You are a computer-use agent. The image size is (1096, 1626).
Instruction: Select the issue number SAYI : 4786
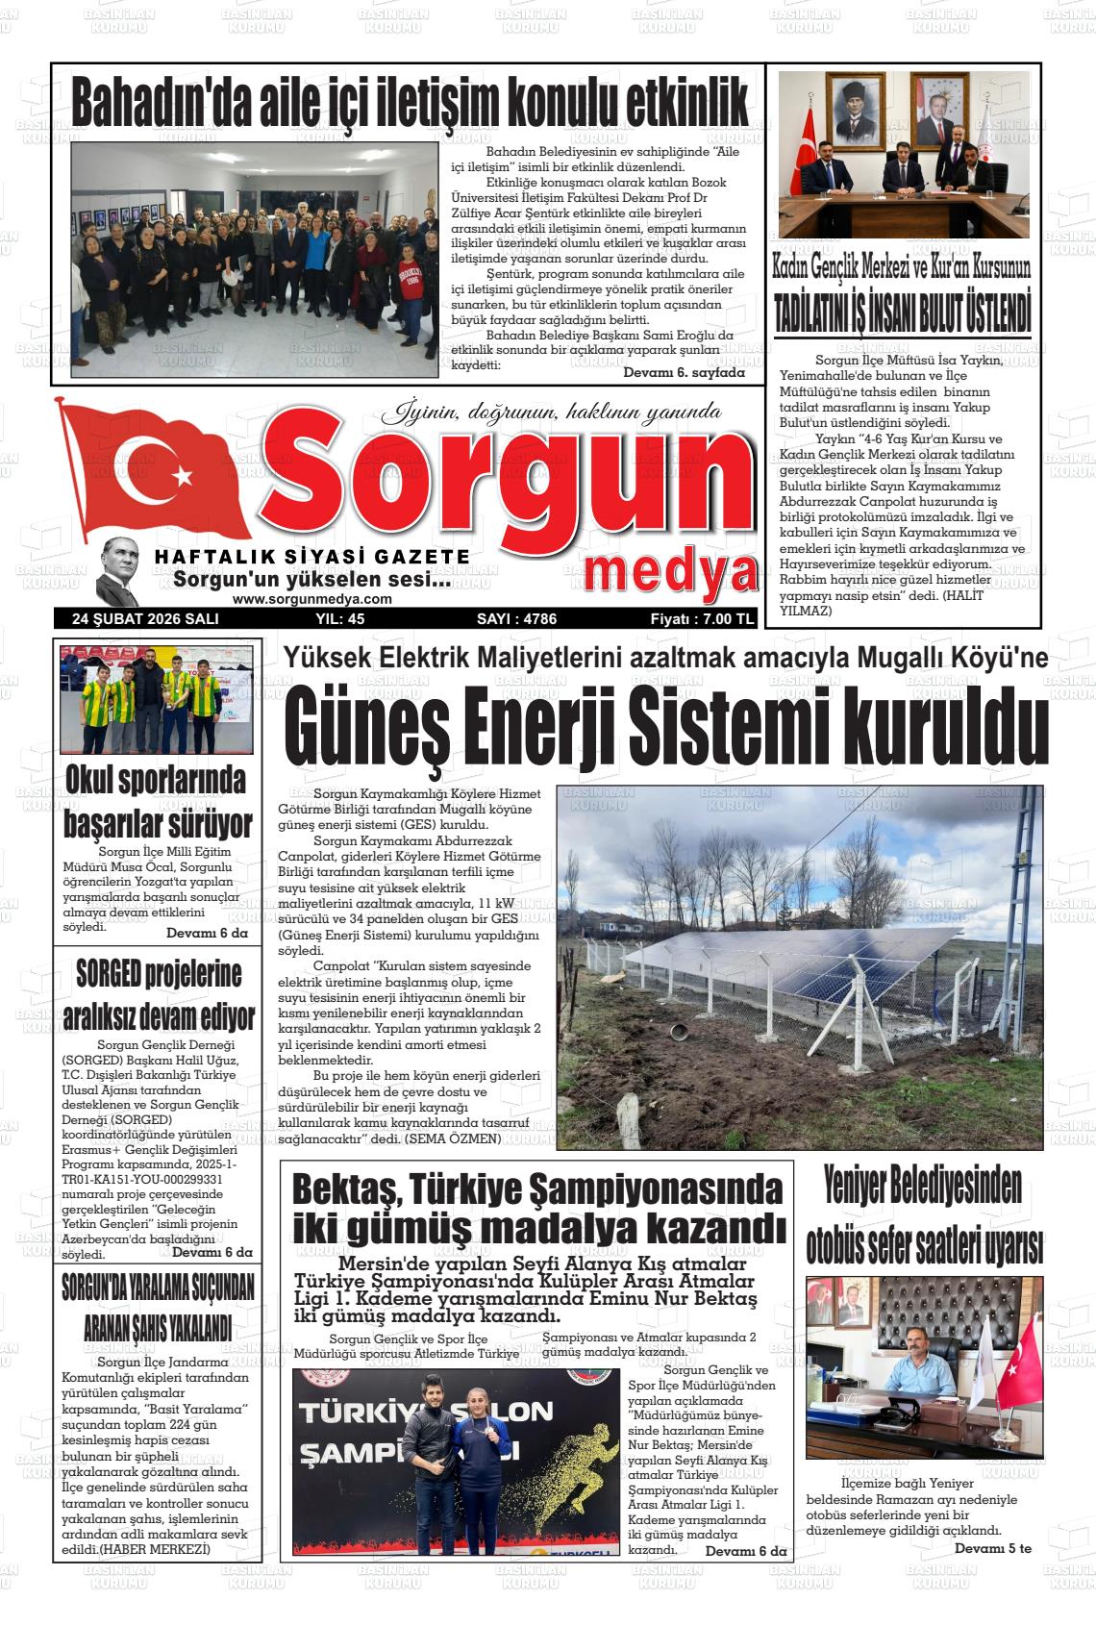point(516,619)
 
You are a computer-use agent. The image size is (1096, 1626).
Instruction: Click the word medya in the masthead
point(670,574)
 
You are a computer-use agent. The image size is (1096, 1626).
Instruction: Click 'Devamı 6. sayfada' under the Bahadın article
point(684,372)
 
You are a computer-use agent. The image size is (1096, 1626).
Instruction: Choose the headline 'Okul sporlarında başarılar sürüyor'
point(157,801)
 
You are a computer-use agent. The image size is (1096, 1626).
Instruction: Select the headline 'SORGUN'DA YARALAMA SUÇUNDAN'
point(157,1287)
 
